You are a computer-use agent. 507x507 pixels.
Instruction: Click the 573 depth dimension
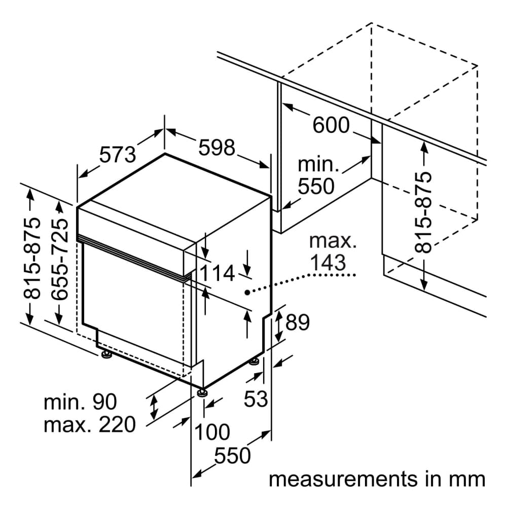click(x=118, y=154)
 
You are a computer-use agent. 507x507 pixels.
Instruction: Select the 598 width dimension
click(x=217, y=148)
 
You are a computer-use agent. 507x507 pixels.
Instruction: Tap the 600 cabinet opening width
click(x=331, y=125)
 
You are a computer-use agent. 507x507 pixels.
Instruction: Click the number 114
click(x=216, y=274)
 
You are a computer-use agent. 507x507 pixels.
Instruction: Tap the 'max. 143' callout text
click(x=334, y=251)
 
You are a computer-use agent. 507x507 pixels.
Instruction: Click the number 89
click(x=297, y=323)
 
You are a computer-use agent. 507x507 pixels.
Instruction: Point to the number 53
click(x=256, y=399)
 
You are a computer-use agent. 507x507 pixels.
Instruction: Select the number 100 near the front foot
click(x=212, y=432)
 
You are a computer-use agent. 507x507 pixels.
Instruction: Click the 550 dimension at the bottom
click(x=232, y=456)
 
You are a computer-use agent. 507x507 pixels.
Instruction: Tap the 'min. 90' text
click(x=80, y=402)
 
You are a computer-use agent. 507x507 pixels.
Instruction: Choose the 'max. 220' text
click(x=90, y=424)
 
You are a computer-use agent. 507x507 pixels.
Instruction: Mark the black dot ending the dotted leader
click(x=246, y=293)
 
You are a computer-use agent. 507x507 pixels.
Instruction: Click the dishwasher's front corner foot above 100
click(x=202, y=392)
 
